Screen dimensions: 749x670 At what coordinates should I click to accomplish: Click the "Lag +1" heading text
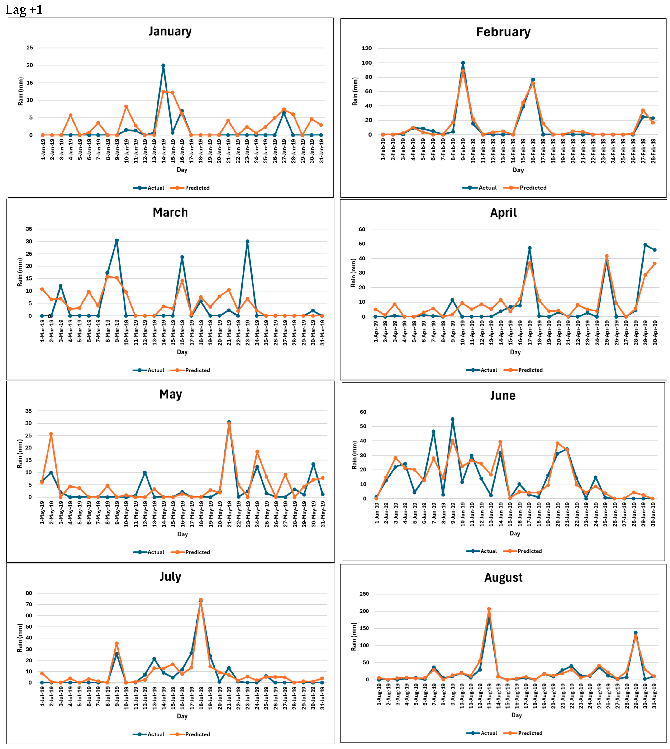(x=24, y=9)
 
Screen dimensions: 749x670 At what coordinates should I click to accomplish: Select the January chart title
(x=170, y=31)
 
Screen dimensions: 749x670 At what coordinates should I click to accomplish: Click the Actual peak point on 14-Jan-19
(x=163, y=66)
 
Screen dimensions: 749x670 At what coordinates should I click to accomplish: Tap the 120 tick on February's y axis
(x=367, y=48)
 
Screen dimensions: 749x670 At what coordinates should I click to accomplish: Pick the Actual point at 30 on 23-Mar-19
(x=247, y=242)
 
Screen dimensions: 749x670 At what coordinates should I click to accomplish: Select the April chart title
(x=503, y=213)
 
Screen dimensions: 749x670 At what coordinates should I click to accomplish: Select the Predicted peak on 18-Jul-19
(x=201, y=600)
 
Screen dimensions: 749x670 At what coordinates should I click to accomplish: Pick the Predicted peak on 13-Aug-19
(x=489, y=609)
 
